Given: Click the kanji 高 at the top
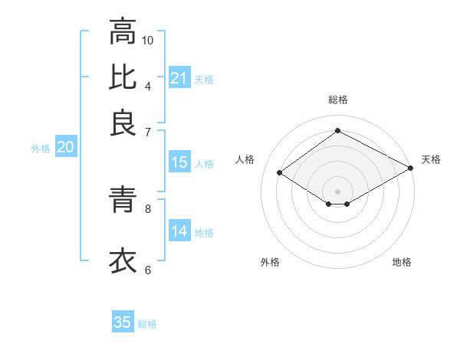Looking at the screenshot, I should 123,33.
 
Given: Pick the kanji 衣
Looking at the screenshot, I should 123,260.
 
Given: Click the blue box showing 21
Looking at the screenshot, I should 179,78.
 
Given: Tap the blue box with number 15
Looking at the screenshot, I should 179,162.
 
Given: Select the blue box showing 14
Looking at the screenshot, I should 179,231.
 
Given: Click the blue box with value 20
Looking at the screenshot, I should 66,148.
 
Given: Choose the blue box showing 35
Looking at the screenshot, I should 123,322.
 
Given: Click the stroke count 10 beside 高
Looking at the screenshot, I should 148,40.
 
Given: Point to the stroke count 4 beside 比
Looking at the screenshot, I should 148,85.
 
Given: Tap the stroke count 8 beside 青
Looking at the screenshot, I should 148,208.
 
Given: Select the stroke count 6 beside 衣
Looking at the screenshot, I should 148,270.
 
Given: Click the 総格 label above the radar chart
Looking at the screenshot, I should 337,100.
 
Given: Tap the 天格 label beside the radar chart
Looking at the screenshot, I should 431,159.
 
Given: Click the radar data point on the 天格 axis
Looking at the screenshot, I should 411,168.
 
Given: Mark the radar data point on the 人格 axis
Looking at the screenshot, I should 280,173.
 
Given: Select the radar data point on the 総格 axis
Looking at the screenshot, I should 337,130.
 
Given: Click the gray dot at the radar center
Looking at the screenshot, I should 337,191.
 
